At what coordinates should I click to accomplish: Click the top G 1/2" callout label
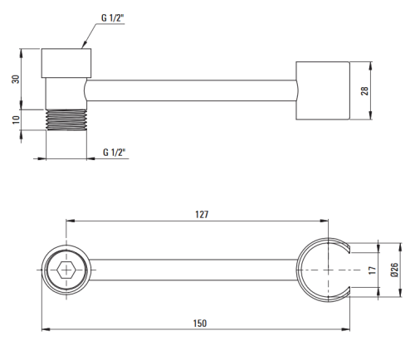coord(113,18)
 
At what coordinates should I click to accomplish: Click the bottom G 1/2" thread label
coord(115,153)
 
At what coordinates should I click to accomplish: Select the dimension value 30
coord(16,79)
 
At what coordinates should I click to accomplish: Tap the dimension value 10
coord(17,119)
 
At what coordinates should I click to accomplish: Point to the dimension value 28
coord(364,91)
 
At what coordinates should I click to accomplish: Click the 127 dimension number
coord(202,214)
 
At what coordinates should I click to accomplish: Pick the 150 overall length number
coord(200,324)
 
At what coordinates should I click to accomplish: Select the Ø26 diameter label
coord(394,270)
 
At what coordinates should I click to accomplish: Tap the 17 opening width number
coord(373,270)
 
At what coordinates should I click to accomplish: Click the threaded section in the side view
coord(66,119)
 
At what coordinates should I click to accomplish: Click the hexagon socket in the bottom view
coord(66,270)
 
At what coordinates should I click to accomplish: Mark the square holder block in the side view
coord(323,90)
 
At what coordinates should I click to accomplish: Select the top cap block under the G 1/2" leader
coord(66,63)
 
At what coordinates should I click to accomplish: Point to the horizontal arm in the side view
coord(192,90)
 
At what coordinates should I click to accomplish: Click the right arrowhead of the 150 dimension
coord(346,329)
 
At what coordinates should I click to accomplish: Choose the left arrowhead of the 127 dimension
coord(71,221)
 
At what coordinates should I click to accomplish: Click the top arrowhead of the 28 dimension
coord(371,66)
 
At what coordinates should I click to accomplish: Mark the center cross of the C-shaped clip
coord(328,270)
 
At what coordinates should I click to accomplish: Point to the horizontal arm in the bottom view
coord(193,270)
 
